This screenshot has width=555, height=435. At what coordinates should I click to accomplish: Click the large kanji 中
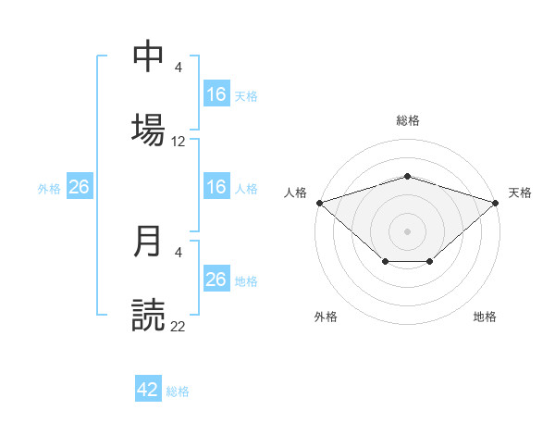[148, 56]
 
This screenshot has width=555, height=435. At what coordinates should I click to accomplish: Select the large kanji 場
[148, 130]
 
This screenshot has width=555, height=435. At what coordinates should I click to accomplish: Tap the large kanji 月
[147, 241]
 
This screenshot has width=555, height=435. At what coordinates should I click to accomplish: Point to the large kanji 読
[148, 315]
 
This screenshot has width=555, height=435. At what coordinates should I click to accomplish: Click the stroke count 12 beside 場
[178, 142]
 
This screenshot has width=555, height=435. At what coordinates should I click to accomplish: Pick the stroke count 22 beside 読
[178, 326]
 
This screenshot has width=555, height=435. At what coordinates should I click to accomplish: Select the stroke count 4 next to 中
[178, 67]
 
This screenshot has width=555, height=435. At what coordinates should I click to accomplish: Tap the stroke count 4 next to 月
[178, 253]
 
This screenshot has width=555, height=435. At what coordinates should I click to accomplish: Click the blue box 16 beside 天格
[216, 93]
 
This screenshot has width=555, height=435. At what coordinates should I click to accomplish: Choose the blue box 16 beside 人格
[216, 186]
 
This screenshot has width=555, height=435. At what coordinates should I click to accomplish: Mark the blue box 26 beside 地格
[216, 278]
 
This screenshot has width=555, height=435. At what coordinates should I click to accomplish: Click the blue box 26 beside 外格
[80, 186]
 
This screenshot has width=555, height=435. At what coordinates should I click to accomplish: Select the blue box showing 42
[148, 388]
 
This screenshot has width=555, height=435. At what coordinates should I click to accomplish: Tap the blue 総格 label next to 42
[178, 391]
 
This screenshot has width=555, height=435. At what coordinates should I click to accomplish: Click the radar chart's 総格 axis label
[408, 120]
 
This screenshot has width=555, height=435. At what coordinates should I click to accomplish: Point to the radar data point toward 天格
[496, 203]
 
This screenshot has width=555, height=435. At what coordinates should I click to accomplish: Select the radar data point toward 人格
[320, 203]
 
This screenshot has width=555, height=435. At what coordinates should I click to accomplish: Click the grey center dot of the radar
[407, 231]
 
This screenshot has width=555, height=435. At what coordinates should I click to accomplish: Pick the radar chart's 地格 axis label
[485, 317]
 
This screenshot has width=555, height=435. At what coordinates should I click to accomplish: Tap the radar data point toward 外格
[386, 261]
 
